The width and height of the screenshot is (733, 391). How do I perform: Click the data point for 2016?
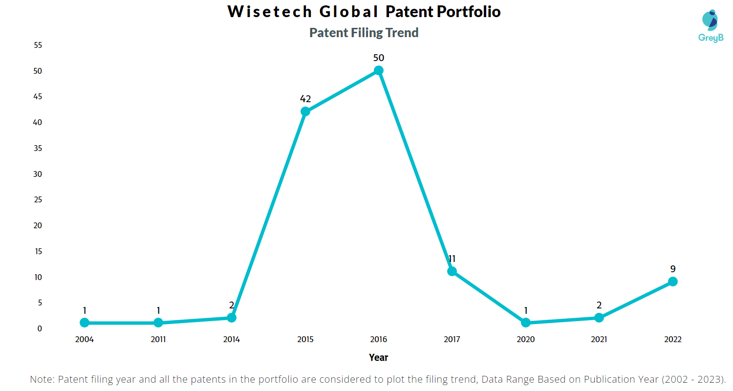pos(378,70)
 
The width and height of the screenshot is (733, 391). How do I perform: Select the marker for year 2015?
pos(305,111)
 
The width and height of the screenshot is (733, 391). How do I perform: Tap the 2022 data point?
pos(672,282)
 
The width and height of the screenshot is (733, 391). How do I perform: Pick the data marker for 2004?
pos(85,323)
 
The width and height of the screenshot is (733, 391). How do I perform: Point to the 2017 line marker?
pos(452,271)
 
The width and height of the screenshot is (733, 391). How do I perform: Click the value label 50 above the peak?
pos(378,58)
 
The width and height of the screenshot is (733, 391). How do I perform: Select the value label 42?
pos(305,99)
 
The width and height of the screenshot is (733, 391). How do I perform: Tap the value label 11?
pos(452,259)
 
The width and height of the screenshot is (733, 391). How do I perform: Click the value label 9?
pos(672,269)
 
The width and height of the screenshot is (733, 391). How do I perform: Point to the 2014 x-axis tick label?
pos(232,339)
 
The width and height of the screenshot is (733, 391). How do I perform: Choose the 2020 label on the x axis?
pos(525,339)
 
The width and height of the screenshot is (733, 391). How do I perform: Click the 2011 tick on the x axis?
pos(158,339)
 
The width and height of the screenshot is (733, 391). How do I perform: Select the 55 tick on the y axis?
pos(38,45)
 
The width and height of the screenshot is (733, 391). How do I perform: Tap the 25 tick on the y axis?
pos(38,200)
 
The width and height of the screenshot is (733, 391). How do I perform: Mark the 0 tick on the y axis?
pos(40,328)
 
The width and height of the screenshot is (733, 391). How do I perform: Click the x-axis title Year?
pos(378,357)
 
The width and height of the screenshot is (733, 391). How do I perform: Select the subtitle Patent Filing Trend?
pos(364,33)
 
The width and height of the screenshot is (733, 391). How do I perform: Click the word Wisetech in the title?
pos(263,12)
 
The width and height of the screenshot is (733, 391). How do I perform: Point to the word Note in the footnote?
pos(42,379)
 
